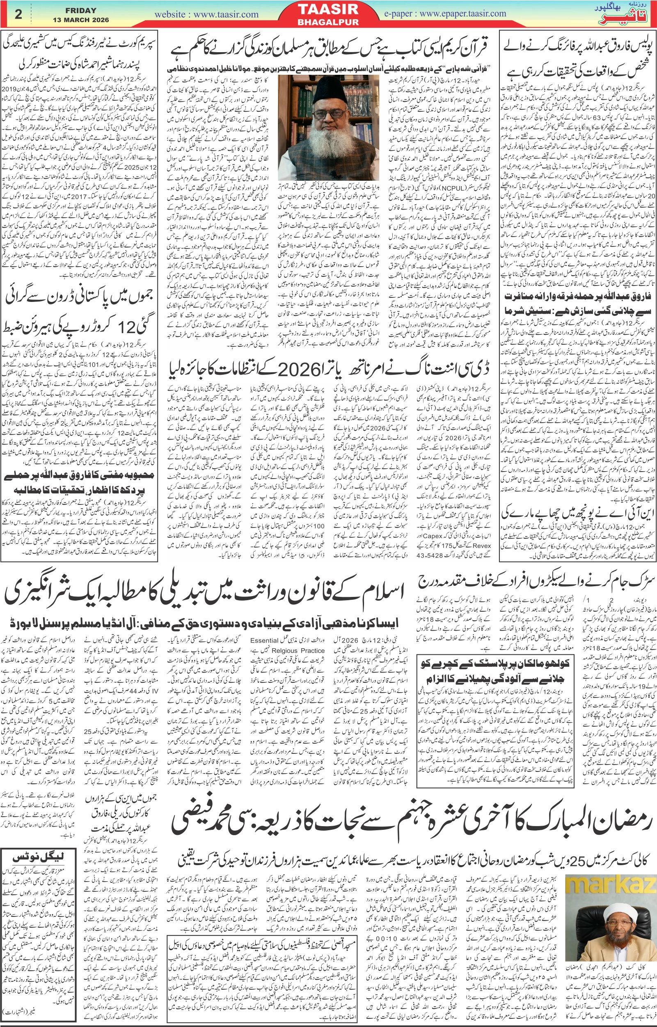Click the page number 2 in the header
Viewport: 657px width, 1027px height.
[18, 14]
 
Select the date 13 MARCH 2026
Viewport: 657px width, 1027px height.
[81, 20]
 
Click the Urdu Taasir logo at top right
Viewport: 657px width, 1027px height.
[627, 16]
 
